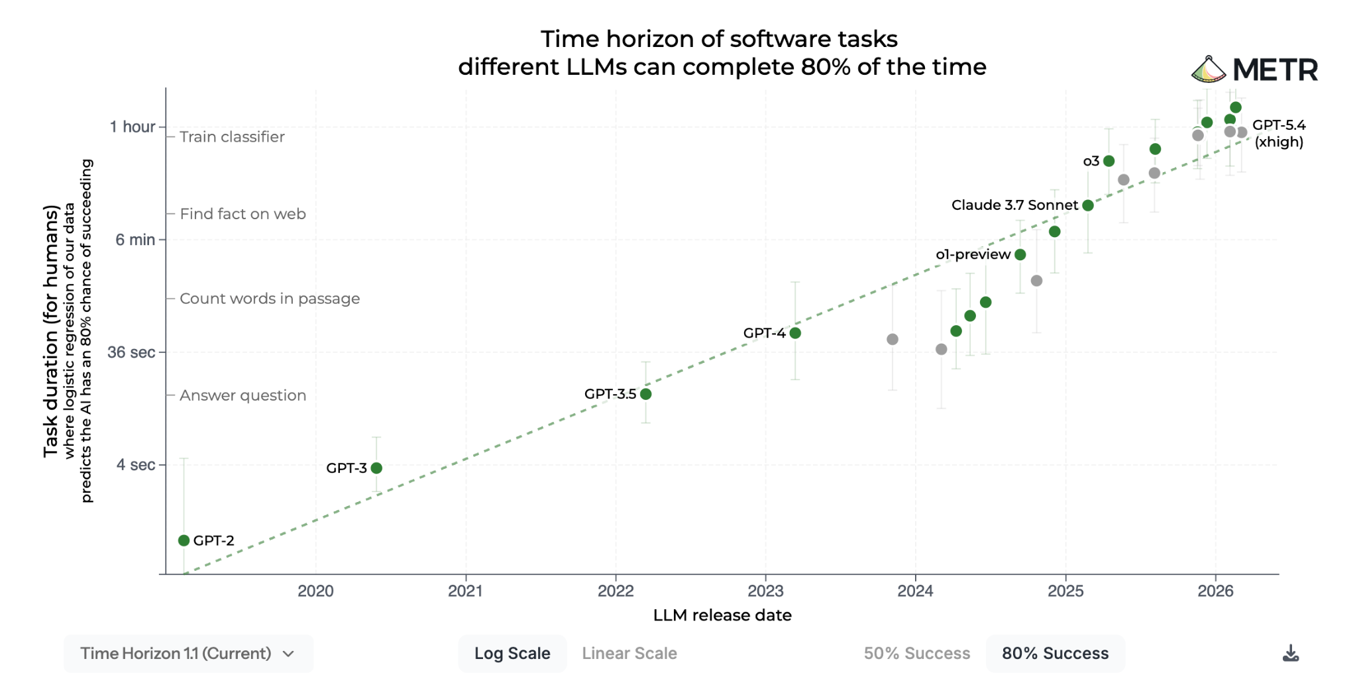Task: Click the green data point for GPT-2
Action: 184,540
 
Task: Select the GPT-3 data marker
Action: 376,468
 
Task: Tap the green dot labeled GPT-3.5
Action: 646,394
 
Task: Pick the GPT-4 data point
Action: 795,332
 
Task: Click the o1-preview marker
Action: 1020,254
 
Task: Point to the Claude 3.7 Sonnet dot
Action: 1088,205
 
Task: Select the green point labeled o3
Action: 1109,161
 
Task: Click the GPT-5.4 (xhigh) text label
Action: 1279,133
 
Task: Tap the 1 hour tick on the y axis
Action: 133,126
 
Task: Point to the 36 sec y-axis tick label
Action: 131,352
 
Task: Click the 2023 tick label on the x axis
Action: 765,591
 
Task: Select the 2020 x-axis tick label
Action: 315,591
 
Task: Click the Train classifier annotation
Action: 232,136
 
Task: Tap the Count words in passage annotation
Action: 270,299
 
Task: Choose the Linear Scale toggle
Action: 629,653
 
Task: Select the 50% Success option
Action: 916,653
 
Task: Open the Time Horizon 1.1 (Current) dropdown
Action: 188,653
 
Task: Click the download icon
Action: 1290,653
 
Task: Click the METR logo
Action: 1255,70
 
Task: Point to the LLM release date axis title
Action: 722,615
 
